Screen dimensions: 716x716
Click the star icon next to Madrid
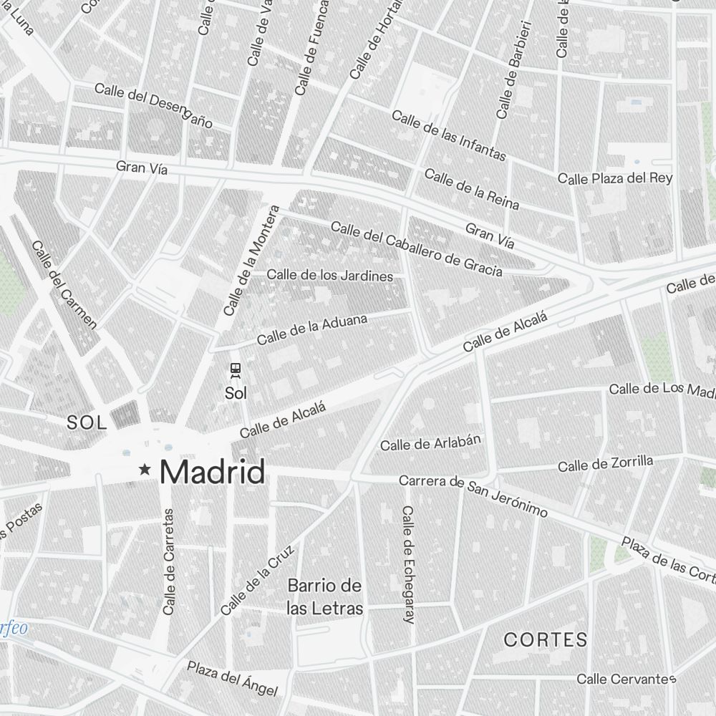tap(145, 470)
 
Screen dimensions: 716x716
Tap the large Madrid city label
tap(212, 472)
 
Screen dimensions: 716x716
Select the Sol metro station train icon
tap(235, 370)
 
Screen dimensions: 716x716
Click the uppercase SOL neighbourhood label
tap(87, 422)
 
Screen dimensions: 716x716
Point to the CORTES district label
tap(546, 639)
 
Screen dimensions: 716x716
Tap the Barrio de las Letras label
tap(324, 597)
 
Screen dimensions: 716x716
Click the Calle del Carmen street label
tap(64, 284)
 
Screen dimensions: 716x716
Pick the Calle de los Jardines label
tap(330, 276)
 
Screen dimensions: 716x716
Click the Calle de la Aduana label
tap(312, 329)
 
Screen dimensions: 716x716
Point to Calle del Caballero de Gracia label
tap(416, 249)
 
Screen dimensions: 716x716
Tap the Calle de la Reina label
tap(471, 189)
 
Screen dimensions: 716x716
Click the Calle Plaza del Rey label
tap(615, 178)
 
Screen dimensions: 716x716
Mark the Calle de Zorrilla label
tap(605, 464)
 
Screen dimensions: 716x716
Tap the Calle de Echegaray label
tap(408, 564)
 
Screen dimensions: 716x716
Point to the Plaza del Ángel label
tap(232, 678)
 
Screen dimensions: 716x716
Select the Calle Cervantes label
tap(626, 678)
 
